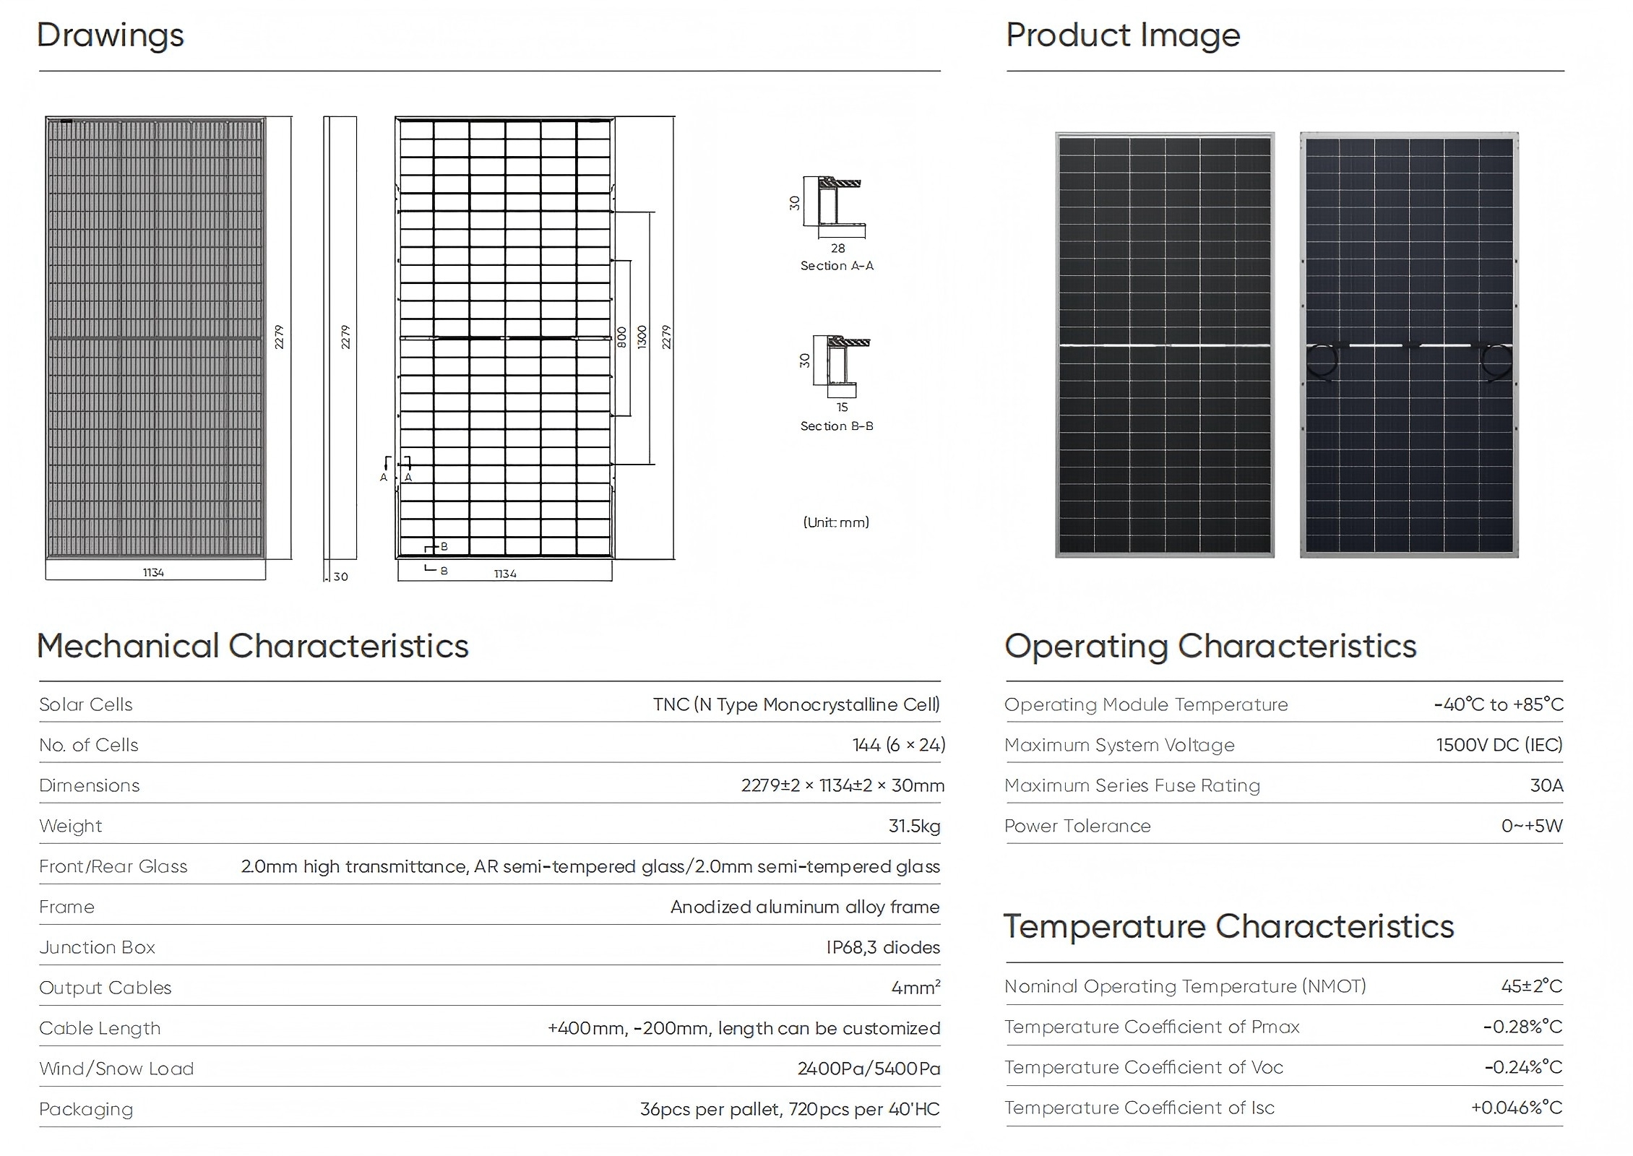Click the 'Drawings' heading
pos(111,35)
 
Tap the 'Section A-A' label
pos(837,266)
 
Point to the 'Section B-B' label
pos(837,426)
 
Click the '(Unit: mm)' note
pos(836,522)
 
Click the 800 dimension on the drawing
pos(621,337)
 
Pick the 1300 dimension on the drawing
pos(642,337)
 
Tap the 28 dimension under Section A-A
pos(837,248)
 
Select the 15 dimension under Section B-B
pos(842,407)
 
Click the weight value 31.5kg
pos(914,826)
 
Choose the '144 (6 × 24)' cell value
pos(898,745)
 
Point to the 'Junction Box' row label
pos(97,947)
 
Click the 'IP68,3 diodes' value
pos(883,947)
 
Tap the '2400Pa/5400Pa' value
pos(869,1069)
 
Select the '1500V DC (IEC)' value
pos(1499,745)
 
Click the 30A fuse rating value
pos(1546,785)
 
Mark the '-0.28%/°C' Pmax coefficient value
pos(1522,1027)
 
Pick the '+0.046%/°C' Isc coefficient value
pos(1517,1108)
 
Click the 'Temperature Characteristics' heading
pos(1228,926)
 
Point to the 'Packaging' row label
pos(86,1109)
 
